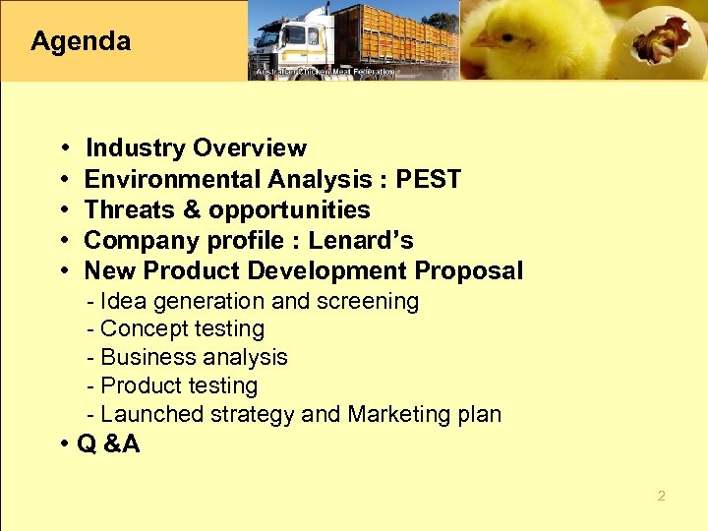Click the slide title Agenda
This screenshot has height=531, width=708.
81,41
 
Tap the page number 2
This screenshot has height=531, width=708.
661,496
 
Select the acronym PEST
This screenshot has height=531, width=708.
428,179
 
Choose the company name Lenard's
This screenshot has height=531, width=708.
361,240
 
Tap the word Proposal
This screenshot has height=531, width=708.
469,270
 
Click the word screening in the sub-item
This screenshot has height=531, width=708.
370,301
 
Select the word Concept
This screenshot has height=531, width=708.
142,329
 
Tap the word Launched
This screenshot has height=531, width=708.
150,414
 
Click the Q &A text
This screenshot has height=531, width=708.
108,444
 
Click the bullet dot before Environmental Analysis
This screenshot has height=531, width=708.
62,180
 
